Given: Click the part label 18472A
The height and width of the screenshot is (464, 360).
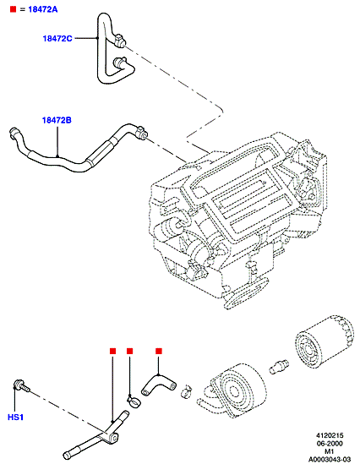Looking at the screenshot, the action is point(43,9).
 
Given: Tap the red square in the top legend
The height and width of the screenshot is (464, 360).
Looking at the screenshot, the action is point(13,9).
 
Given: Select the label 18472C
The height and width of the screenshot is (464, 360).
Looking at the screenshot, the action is point(57,39).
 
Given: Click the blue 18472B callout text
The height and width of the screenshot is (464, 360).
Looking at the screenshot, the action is point(57,121).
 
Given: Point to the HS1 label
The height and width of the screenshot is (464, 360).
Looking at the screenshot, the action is point(15,418).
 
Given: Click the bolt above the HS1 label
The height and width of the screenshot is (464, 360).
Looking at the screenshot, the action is point(21,385).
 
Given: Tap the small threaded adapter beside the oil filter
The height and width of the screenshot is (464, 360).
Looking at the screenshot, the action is point(279,366).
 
